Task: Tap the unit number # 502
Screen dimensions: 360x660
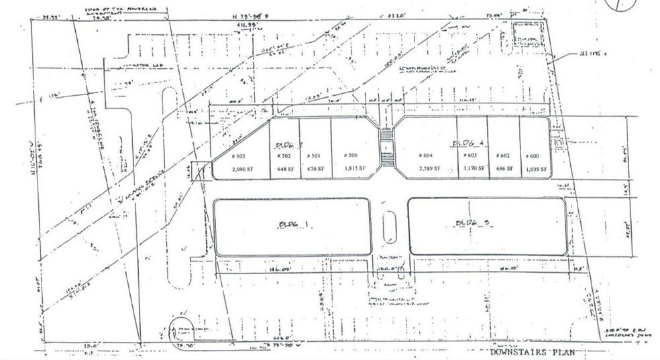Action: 283,156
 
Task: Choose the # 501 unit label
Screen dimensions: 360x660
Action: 314,156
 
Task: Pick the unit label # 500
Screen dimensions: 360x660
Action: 350,156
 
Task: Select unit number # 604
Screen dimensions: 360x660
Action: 426,156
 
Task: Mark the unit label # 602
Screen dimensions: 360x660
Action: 502,156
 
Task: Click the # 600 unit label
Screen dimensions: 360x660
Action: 533,156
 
